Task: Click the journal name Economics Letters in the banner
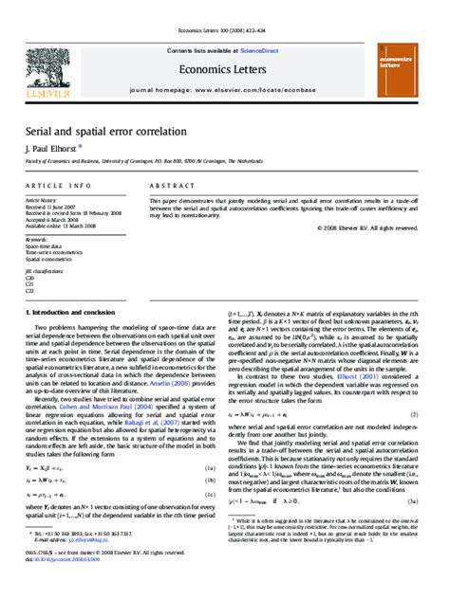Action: click(x=225, y=66)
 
